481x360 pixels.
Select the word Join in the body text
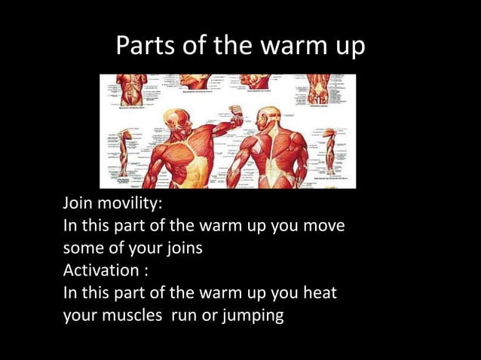78,204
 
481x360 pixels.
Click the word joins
182,248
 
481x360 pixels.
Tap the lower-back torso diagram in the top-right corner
317,88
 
